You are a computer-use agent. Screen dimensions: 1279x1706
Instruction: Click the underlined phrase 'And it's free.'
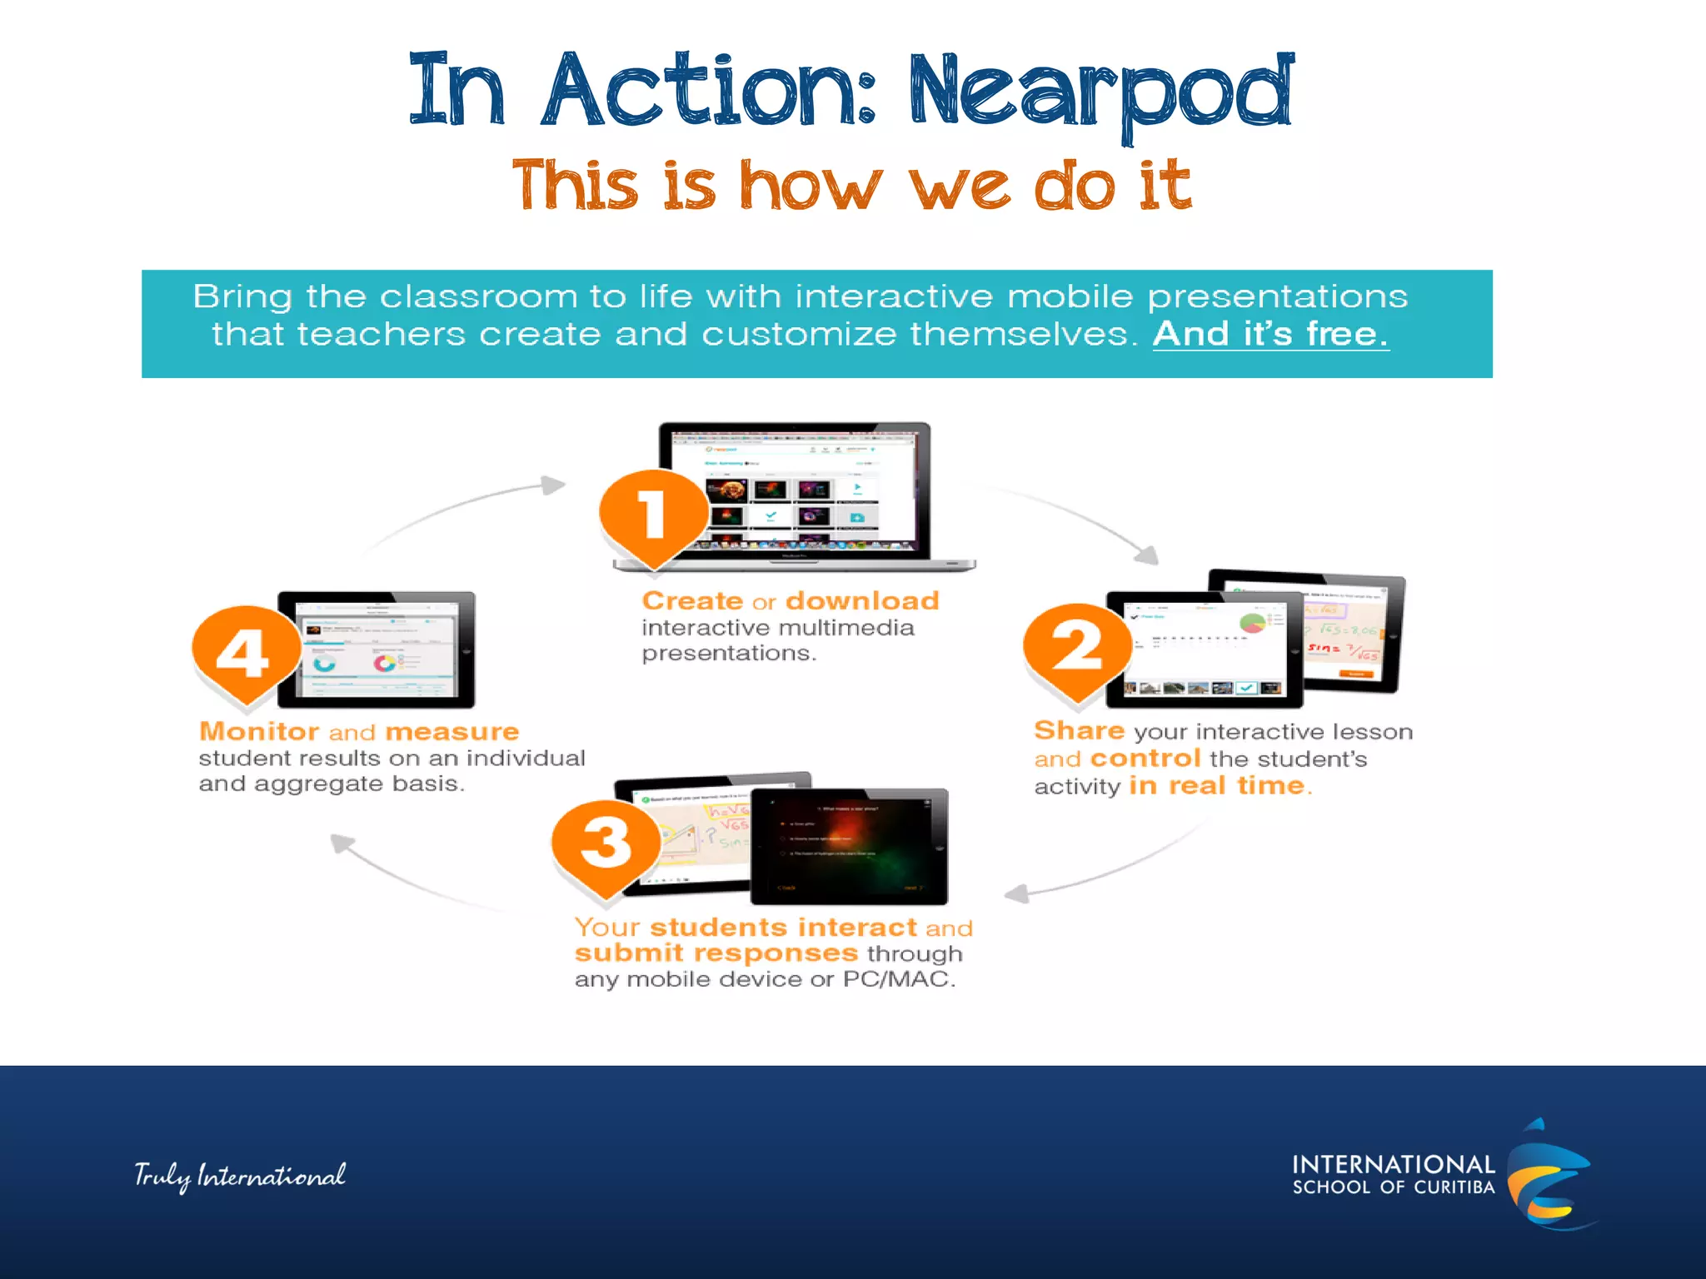[1270, 334]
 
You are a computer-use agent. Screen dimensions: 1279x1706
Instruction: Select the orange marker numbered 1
[653, 514]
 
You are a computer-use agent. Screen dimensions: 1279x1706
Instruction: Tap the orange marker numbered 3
[606, 844]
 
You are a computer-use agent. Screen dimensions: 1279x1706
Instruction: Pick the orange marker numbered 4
[244, 652]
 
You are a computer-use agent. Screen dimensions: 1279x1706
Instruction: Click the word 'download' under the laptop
[862, 600]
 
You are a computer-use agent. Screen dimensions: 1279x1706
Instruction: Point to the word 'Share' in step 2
[1079, 730]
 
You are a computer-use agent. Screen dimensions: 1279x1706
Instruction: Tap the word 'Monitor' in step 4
[259, 731]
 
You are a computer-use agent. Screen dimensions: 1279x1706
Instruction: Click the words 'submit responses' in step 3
[716, 953]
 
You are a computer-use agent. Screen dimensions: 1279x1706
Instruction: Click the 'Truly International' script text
[240, 1175]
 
